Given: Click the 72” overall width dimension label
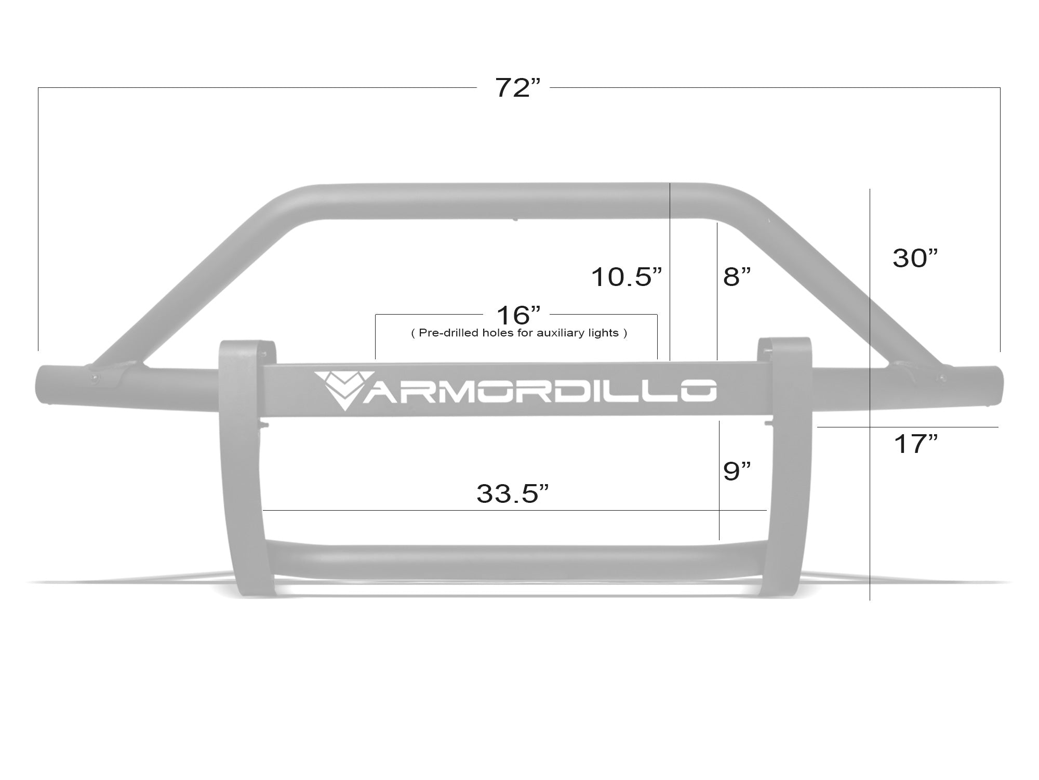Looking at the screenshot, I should click(517, 88).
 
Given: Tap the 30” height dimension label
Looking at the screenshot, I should click(915, 258).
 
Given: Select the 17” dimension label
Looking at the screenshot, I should click(915, 444).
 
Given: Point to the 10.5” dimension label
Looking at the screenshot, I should click(627, 277).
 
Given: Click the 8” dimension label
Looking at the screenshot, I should click(737, 277).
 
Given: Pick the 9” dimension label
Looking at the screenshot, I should click(737, 471).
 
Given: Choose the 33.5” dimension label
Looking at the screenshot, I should click(512, 493).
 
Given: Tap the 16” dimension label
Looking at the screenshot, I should click(518, 315).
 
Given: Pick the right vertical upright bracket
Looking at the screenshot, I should click(790, 468).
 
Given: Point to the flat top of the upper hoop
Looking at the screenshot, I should click(514, 200).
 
